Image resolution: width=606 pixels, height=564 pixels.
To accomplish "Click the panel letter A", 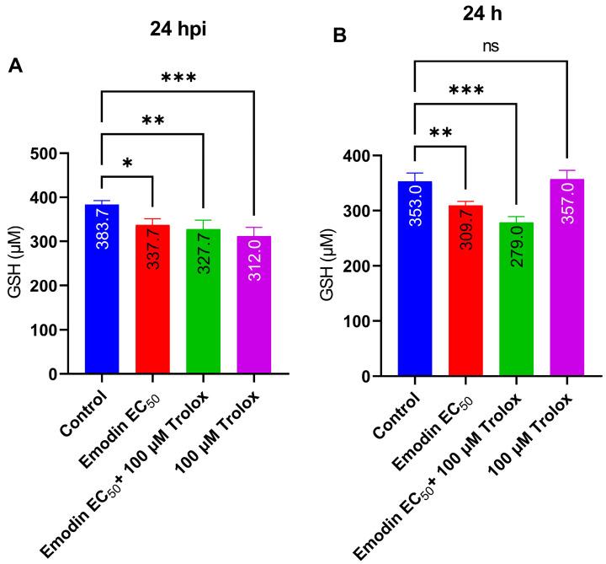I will (x=16, y=66).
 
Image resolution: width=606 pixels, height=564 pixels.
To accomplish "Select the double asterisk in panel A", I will (x=152, y=121).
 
